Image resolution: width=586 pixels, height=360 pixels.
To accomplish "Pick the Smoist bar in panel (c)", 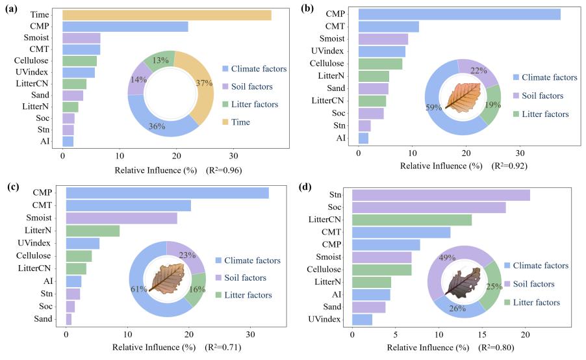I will pyautogui.click(x=121, y=218).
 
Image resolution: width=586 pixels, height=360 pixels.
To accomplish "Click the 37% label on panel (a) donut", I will pyautogui.click(x=205, y=83).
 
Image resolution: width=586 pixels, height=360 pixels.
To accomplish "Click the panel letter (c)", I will pyautogui.click(x=12, y=186).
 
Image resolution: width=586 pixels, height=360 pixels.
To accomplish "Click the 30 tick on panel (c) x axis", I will pyautogui.click(x=249, y=334).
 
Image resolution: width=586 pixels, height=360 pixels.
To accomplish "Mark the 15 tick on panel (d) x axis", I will pyautogui.click(x=482, y=334).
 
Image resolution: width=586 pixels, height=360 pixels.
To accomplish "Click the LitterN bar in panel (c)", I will pyautogui.click(x=92, y=231).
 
